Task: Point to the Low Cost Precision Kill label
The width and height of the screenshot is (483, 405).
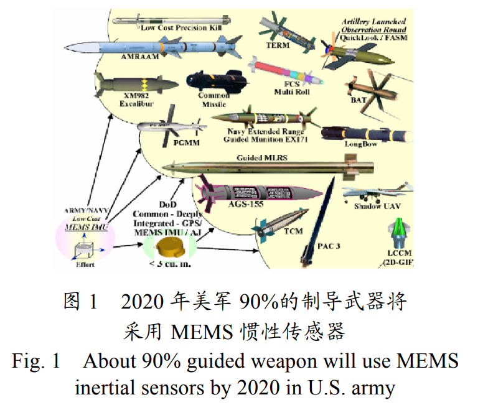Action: (x=181, y=28)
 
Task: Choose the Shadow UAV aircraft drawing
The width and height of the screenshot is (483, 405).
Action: (x=378, y=192)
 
